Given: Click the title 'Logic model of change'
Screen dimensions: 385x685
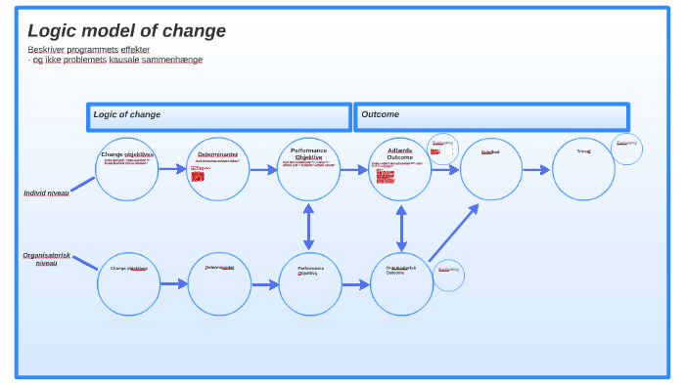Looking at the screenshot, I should (126, 31).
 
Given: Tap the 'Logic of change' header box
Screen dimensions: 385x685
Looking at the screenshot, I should (218, 117).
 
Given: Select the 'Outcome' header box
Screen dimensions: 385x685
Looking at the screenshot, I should (491, 117).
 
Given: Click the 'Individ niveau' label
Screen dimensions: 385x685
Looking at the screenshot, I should (46, 193).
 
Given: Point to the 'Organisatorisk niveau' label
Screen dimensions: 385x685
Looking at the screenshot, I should (46, 259).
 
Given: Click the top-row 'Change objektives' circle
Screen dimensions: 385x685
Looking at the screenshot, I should (127, 169).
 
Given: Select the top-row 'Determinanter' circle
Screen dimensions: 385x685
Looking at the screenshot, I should (218, 169).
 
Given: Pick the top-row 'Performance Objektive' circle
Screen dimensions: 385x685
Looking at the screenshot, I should (309, 169).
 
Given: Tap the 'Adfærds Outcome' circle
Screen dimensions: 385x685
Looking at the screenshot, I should (400, 169).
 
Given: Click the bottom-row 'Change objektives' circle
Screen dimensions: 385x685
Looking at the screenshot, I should (128, 283).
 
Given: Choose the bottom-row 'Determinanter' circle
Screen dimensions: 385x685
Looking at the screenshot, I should (219, 283).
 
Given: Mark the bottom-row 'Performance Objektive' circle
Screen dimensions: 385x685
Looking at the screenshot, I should (310, 283).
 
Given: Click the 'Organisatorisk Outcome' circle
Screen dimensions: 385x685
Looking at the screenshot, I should (401, 283).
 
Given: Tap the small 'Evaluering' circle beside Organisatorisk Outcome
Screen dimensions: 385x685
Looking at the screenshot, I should (448, 275).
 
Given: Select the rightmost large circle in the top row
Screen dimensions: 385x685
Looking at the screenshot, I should (583, 169).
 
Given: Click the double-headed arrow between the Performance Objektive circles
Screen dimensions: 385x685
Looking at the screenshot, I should (308, 227).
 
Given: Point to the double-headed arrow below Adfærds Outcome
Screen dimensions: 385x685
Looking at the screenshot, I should (401, 227).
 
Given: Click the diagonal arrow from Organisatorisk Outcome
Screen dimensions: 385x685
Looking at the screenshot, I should (453, 233).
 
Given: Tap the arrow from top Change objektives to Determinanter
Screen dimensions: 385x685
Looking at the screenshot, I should (172, 169).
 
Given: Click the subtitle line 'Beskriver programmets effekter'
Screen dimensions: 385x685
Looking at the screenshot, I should (88, 49).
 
